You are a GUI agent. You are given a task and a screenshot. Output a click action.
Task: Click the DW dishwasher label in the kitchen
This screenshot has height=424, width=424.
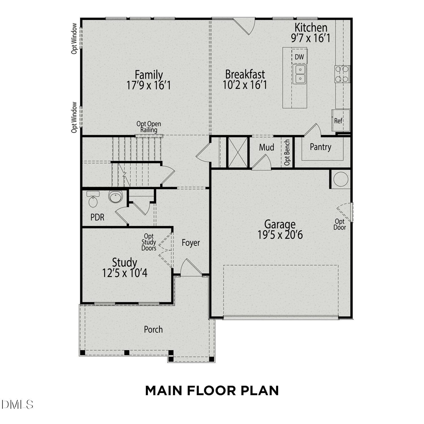point(299,57)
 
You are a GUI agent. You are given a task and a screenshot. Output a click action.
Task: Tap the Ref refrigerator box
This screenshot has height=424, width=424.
point(341,120)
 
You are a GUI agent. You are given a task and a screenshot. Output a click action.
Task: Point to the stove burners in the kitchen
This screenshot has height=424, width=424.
point(342,74)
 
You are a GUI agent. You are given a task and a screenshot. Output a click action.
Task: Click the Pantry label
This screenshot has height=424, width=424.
point(320,147)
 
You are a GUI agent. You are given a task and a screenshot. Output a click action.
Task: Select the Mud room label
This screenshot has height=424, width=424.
point(267,147)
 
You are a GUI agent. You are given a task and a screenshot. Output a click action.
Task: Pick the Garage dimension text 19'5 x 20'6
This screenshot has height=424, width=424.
point(280,235)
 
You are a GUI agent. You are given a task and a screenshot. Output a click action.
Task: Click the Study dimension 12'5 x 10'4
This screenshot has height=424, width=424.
point(125,273)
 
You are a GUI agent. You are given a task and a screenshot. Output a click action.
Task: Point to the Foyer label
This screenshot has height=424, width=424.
point(191,243)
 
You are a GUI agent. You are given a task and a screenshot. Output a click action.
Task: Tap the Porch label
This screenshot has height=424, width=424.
point(153,329)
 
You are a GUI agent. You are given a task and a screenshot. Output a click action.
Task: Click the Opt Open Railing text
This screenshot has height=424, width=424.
point(149,127)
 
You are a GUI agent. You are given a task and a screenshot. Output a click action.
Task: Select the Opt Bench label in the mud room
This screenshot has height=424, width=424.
point(287,152)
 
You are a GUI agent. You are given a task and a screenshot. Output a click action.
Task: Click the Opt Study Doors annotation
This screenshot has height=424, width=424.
point(149,242)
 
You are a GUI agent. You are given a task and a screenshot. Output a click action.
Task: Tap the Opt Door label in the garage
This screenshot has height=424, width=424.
point(339,224)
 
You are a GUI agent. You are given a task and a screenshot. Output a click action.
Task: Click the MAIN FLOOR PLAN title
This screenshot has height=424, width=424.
point(212,391)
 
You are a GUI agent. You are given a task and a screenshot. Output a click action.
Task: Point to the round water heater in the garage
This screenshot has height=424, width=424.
point(340,179)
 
